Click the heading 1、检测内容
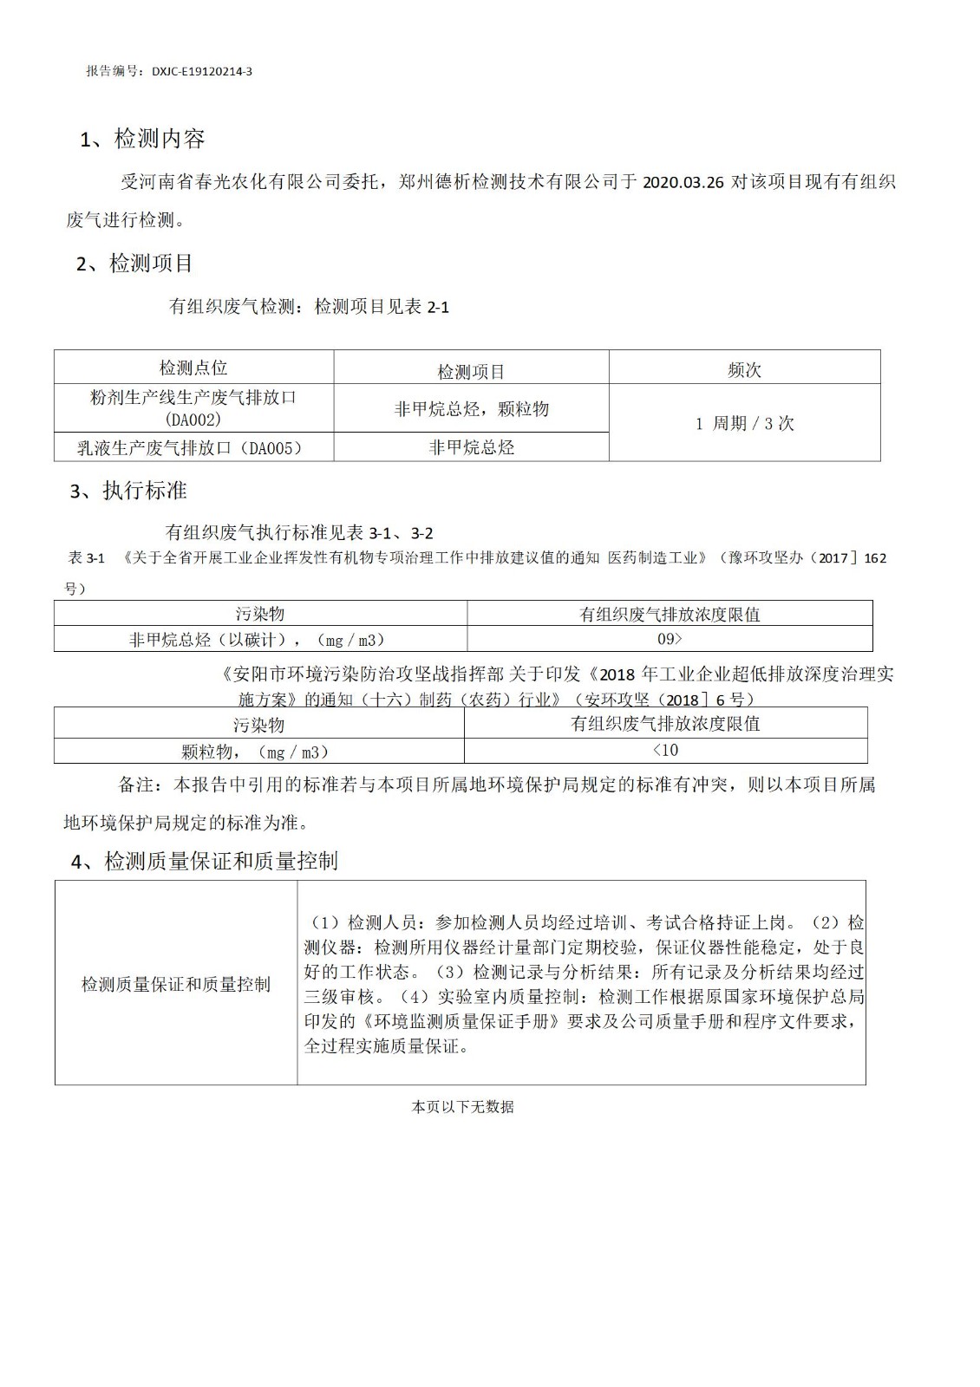142,139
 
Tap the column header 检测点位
193,368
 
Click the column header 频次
744,370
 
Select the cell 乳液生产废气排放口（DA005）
193,447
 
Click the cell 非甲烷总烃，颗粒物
471,409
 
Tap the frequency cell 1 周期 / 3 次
744,424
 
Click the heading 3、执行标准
128,491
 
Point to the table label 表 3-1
86,558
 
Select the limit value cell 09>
670,639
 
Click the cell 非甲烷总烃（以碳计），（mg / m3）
258,640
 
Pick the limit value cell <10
665,750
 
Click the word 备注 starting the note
135,785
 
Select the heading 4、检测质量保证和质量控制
204,861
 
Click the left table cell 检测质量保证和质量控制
176,985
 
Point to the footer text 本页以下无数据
462,1107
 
